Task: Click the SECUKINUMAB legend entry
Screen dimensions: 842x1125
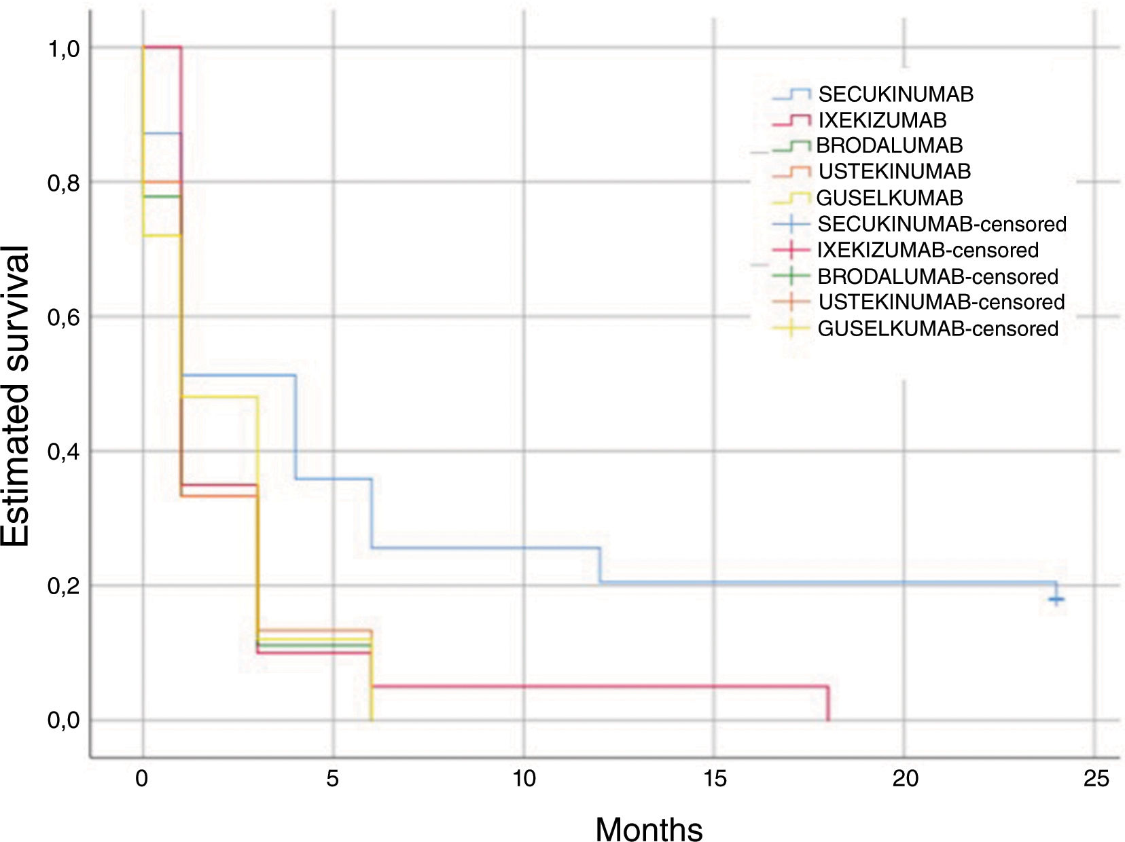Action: coord(895,94)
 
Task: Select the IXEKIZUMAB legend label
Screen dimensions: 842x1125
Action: coord(881,120)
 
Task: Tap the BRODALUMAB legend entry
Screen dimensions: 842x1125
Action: coord(889,145)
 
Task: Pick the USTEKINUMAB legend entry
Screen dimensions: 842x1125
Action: coord(894,171)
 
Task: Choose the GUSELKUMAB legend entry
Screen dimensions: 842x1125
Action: coord(889,198)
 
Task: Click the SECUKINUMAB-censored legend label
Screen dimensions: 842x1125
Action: coord(942,223)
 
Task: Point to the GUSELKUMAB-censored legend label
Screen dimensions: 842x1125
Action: coord(937,329)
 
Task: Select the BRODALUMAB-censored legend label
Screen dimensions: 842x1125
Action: coord(937,276)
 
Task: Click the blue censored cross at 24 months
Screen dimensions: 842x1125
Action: coord(1056,599)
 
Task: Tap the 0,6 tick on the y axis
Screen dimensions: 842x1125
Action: coord(63,317)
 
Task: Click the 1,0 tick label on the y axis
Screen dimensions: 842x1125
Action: coord(63,49)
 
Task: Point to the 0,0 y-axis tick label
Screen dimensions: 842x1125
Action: coord(63,720)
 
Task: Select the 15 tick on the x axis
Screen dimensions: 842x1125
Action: coord(714,778)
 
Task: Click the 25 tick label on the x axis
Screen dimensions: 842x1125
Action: coord(1096,778)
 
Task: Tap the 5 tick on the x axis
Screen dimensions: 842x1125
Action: coord(332,778)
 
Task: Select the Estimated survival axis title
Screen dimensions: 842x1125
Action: coord(16,396)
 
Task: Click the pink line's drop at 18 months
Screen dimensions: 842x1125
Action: coord(827,703)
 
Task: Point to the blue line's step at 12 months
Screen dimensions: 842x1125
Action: coord(600,565)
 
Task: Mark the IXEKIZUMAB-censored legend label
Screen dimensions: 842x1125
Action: coord(927,250)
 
